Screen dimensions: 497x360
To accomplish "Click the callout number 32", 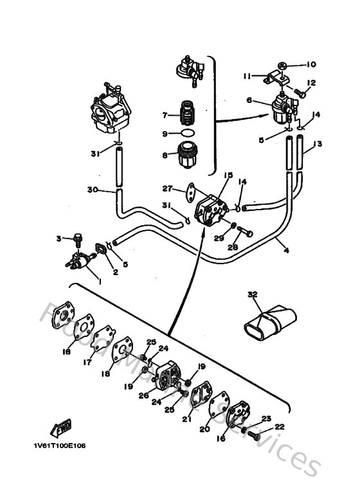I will click(x=251, y=294).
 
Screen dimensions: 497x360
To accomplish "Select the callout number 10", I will click(x=311, y=64).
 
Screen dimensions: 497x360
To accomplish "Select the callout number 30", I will click(x=93, y=190).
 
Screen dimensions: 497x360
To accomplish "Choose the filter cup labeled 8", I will click(x=188, y=156).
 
